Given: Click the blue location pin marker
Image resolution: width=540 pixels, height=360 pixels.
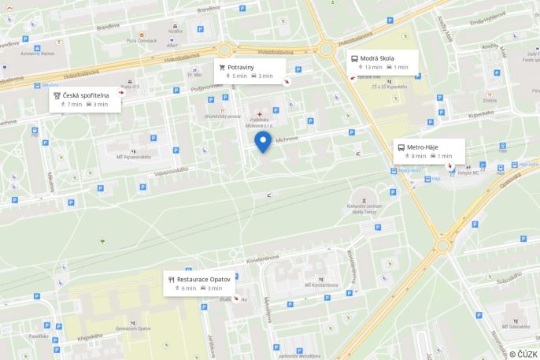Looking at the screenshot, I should tap(263, 142).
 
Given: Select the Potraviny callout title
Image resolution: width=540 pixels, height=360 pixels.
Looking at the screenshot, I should tap(242, 67).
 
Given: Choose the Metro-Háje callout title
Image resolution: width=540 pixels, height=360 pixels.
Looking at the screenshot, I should tap(422, 147).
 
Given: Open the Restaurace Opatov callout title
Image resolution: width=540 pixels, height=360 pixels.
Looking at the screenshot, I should tap(203, 279).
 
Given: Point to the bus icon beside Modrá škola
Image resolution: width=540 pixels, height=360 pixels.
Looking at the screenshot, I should tap(354, 58).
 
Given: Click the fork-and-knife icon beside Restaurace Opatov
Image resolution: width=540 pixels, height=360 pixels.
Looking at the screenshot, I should tap(171, 279).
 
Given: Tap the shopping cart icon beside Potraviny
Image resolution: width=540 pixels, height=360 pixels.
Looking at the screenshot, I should tap(223, 67).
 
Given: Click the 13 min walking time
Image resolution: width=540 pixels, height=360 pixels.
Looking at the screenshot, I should tap(372, 68).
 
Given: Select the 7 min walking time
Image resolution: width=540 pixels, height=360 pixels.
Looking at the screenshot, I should tap(75, 104).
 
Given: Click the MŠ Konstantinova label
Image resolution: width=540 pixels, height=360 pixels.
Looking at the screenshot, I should tap(321, 284).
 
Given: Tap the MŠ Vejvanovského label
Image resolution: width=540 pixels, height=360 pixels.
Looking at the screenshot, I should tap(136, 157).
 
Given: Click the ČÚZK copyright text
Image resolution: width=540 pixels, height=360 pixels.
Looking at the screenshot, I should tap(523, 352).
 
